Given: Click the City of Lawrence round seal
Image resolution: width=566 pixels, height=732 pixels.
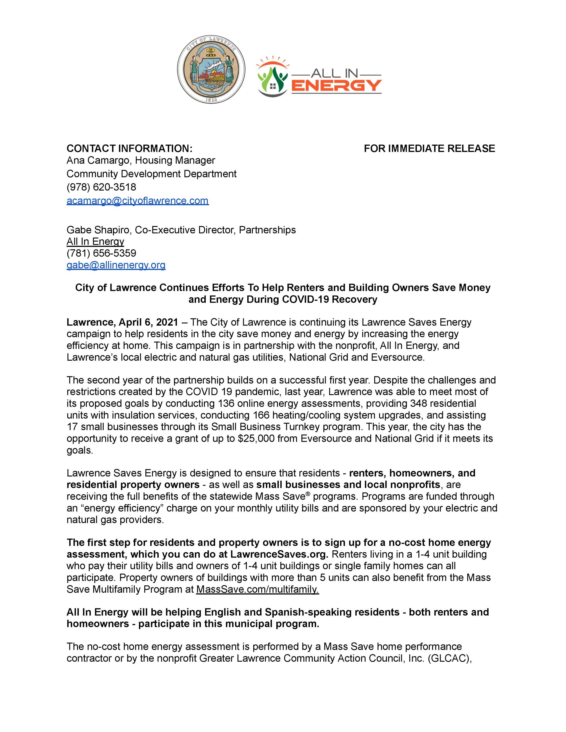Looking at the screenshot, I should pyautogui.click(x=211, y=70).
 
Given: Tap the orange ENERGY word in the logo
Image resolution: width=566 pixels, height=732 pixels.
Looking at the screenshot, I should pyautogui.click(x=336, y=86).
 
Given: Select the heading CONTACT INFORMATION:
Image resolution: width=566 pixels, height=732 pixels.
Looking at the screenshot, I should pyautogui.click(x=129, y=148).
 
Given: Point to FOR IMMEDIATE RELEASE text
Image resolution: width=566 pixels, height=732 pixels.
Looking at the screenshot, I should pyautogui.click(x=429, y=148).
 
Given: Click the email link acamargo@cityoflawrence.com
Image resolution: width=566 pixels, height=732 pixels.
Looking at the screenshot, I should pyautogui.click(x=137, y=201).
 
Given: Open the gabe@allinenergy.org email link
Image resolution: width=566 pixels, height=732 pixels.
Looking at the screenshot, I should pyautogui.click(x=116, y=265).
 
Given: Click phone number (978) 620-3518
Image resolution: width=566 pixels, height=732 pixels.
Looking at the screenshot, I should pyautogui.click(x=101, y=187).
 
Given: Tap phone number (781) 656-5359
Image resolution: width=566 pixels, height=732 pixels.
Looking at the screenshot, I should pyautogui.click(x=101, y=253).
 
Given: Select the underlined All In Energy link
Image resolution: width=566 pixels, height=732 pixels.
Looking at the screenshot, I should pyautogui.click(x=95, y=241).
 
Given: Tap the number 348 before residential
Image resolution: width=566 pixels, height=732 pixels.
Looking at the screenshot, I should pyautogui.click(x=419, y=403).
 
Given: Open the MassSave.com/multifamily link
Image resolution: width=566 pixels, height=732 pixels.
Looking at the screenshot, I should pyautogui.click(x=257, y=589).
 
